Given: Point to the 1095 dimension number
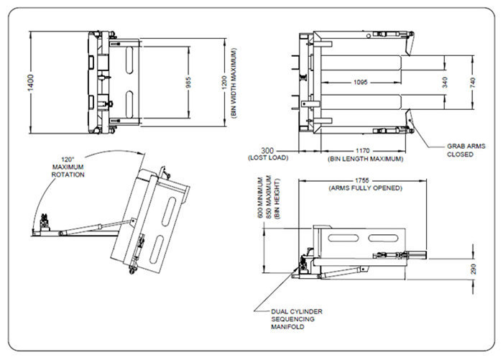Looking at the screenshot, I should point(361,83).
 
